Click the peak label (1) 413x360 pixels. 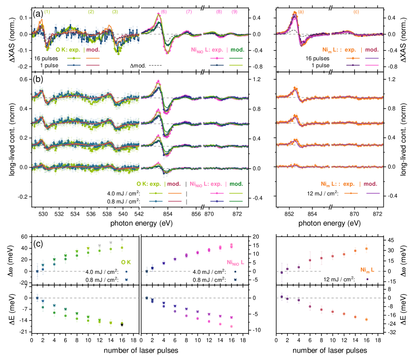click(x=47, y=11)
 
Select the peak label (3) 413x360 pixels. click(x=115, y=11)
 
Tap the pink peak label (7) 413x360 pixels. click(x=189, y=11)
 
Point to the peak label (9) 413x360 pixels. click(x=219, y=11)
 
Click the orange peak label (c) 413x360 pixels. click(x=356, y=11)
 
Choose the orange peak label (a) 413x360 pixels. click(x=301, y=11)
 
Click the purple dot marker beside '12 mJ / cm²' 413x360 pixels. click(x=367, y=279)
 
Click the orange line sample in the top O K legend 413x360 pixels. click(x=93, y=58)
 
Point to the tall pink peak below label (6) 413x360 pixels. click(x=159, y=14)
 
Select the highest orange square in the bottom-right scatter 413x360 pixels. click(x=366, y=248)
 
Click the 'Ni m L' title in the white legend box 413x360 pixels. click(x=367, y=270)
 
